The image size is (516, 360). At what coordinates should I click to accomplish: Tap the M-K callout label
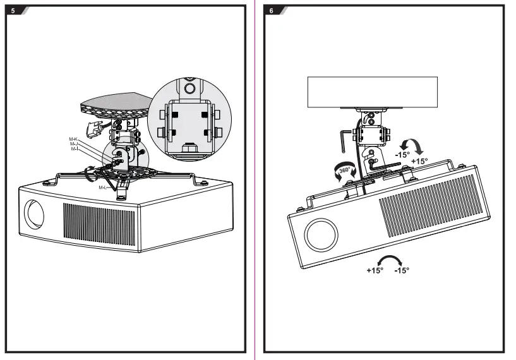click(x=73, y=138)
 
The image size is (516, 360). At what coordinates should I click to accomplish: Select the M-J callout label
click(x=73, y=144)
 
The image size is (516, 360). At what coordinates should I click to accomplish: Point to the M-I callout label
click(x=73, y=149)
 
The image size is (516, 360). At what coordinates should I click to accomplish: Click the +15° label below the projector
click(x=375, y=270)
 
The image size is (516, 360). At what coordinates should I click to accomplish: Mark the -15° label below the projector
click(x=402, y=270)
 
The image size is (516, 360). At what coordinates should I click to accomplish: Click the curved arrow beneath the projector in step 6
click(x=388, y=260)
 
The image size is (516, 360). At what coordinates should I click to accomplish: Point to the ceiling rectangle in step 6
click(x=372, y=92)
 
